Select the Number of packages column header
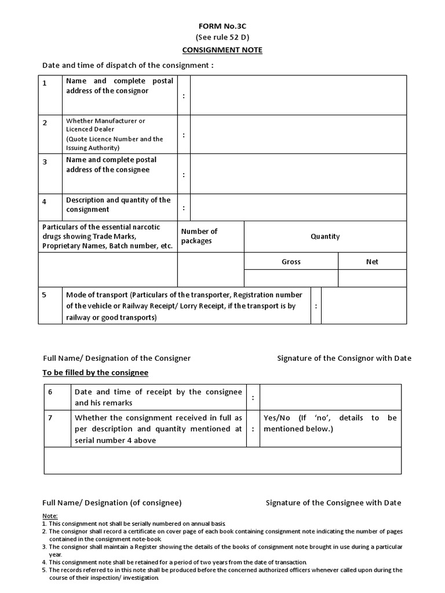pos(199,236)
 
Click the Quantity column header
pos(325,236)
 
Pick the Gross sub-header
pos(291,262)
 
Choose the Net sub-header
pos(372,262)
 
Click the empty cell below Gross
pos(291,279)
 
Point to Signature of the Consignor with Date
pos(344,358)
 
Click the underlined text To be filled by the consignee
pos(96,372)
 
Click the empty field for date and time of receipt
pos(330,397)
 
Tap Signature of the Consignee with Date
pos(333,503)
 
